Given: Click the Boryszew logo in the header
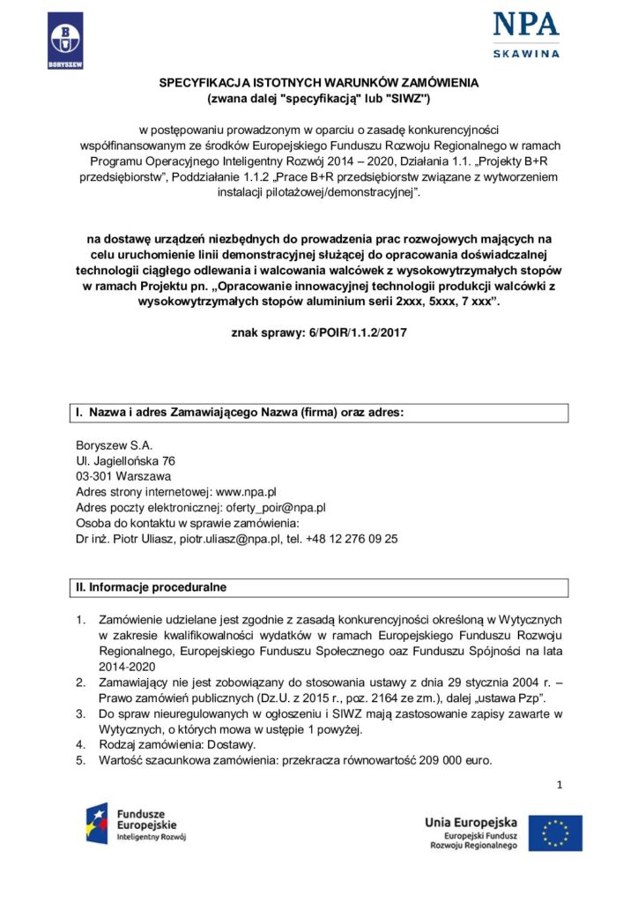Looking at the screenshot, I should (x=65, y=41).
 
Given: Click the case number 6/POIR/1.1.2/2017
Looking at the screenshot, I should (x=343, y=332).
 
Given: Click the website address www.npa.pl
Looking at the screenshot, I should (x=247, y=491).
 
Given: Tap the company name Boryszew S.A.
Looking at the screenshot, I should (x=108, y=445).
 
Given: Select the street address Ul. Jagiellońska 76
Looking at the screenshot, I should (x=125, y=461).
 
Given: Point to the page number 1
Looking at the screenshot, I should (x=559, y=785).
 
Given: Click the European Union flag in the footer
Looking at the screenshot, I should (x=560, y=833).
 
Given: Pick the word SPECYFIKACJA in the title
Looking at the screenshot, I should (x=202, y=82).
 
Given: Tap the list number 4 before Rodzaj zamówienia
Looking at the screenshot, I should (x=80, y=745).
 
